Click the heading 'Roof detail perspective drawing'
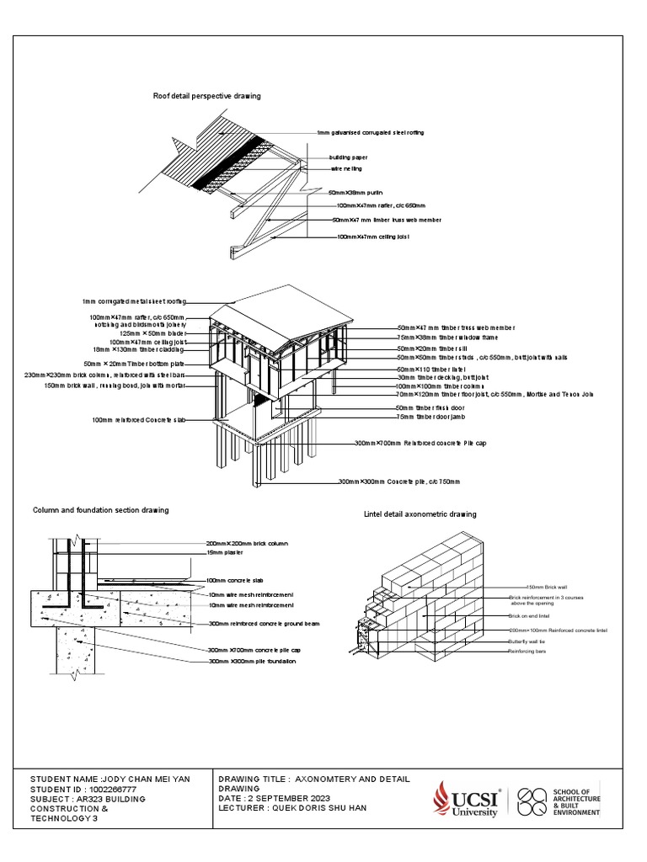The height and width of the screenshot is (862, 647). click(206, 96)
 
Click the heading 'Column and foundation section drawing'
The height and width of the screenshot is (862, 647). click(100, 510)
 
